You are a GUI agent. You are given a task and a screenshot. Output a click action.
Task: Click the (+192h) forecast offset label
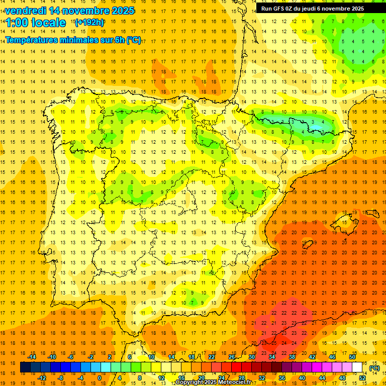[x=89, y=23]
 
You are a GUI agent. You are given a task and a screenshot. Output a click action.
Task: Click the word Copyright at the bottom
[x=190, y=382]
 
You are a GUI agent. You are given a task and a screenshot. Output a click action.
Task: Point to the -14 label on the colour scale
[x=32, y=357]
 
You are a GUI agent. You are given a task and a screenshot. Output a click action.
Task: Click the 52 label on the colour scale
[x=362, y=378]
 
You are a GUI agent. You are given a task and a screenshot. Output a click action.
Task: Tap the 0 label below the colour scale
[x=100, y=378]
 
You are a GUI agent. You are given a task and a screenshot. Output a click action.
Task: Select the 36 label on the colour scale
[x=282, y=378]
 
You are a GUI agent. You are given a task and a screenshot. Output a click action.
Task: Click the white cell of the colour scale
[x=357, y=367]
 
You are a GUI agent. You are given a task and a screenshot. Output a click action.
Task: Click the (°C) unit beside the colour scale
[x=374, y=368]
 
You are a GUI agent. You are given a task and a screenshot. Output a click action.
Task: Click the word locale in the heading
[x=48, y=23]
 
